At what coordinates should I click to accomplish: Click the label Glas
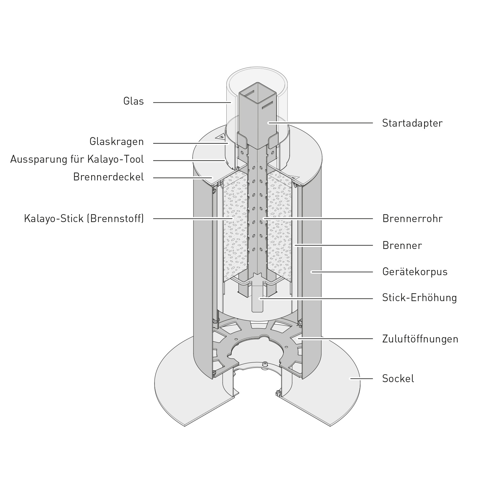pos(133,101)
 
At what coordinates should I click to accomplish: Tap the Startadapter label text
pos(412,123)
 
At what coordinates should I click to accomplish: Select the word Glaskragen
pos(116,142)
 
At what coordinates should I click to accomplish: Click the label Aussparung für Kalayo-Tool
pos(77,159)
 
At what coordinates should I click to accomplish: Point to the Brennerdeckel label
pos(109,177)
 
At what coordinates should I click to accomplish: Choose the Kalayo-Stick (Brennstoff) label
pos(84,218)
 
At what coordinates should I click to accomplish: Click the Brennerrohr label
pos(412,218)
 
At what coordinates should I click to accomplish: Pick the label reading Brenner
pos(402,245)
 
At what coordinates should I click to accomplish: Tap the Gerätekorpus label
pos(415,272)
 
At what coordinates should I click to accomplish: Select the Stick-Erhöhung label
pos(420,298)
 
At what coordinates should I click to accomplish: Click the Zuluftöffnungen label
pos(420,339)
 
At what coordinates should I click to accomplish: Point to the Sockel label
pos(398,379)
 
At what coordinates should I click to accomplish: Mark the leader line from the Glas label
pos(192,103)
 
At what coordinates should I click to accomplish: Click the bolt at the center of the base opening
pos(265,364)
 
